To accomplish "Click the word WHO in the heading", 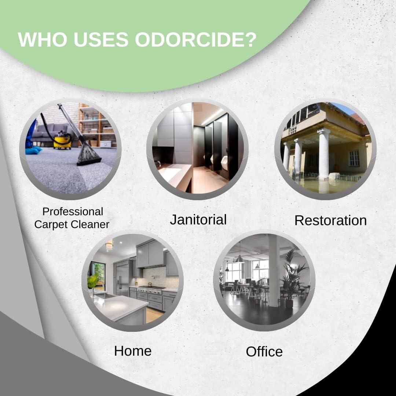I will [x=37, y=39].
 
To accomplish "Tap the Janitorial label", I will [x=198, y=220].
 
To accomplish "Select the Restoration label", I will [x=330, y=220].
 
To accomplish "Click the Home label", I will [x=133, y=351].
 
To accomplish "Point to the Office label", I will [x=264, y=352].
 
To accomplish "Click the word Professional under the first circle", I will [x=73, y=212].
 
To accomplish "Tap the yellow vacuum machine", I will [x=62, y=141].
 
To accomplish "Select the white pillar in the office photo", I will [x=274, y=271].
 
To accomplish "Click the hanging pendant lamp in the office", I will [x=240, y=258].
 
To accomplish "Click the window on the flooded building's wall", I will [x=354, y=158].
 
